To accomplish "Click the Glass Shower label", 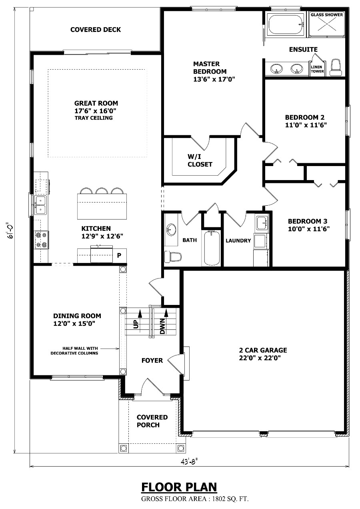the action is [x=327, y=15].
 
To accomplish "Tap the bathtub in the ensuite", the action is [x=286, y=24].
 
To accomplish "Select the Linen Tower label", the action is [x=317, y=69].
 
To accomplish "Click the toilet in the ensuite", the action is [x=336, y=67].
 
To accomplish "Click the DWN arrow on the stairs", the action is [x=166, y=313].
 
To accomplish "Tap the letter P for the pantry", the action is [x=119, y=255].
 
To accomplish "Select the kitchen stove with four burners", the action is [x=41, y=240].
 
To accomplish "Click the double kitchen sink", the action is [x=40, y=205].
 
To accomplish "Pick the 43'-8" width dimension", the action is [x=189, y=461].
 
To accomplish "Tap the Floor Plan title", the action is [x=179, y=487].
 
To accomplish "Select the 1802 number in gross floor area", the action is [x=219, y=499].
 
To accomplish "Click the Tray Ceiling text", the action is [x=94, y=118].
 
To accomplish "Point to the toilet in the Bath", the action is [x=173, y=257].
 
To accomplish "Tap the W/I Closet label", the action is [x=200, y=160].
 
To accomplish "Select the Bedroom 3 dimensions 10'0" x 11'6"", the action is [x=309, y=229].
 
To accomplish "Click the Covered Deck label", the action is [x=96, y=30].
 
